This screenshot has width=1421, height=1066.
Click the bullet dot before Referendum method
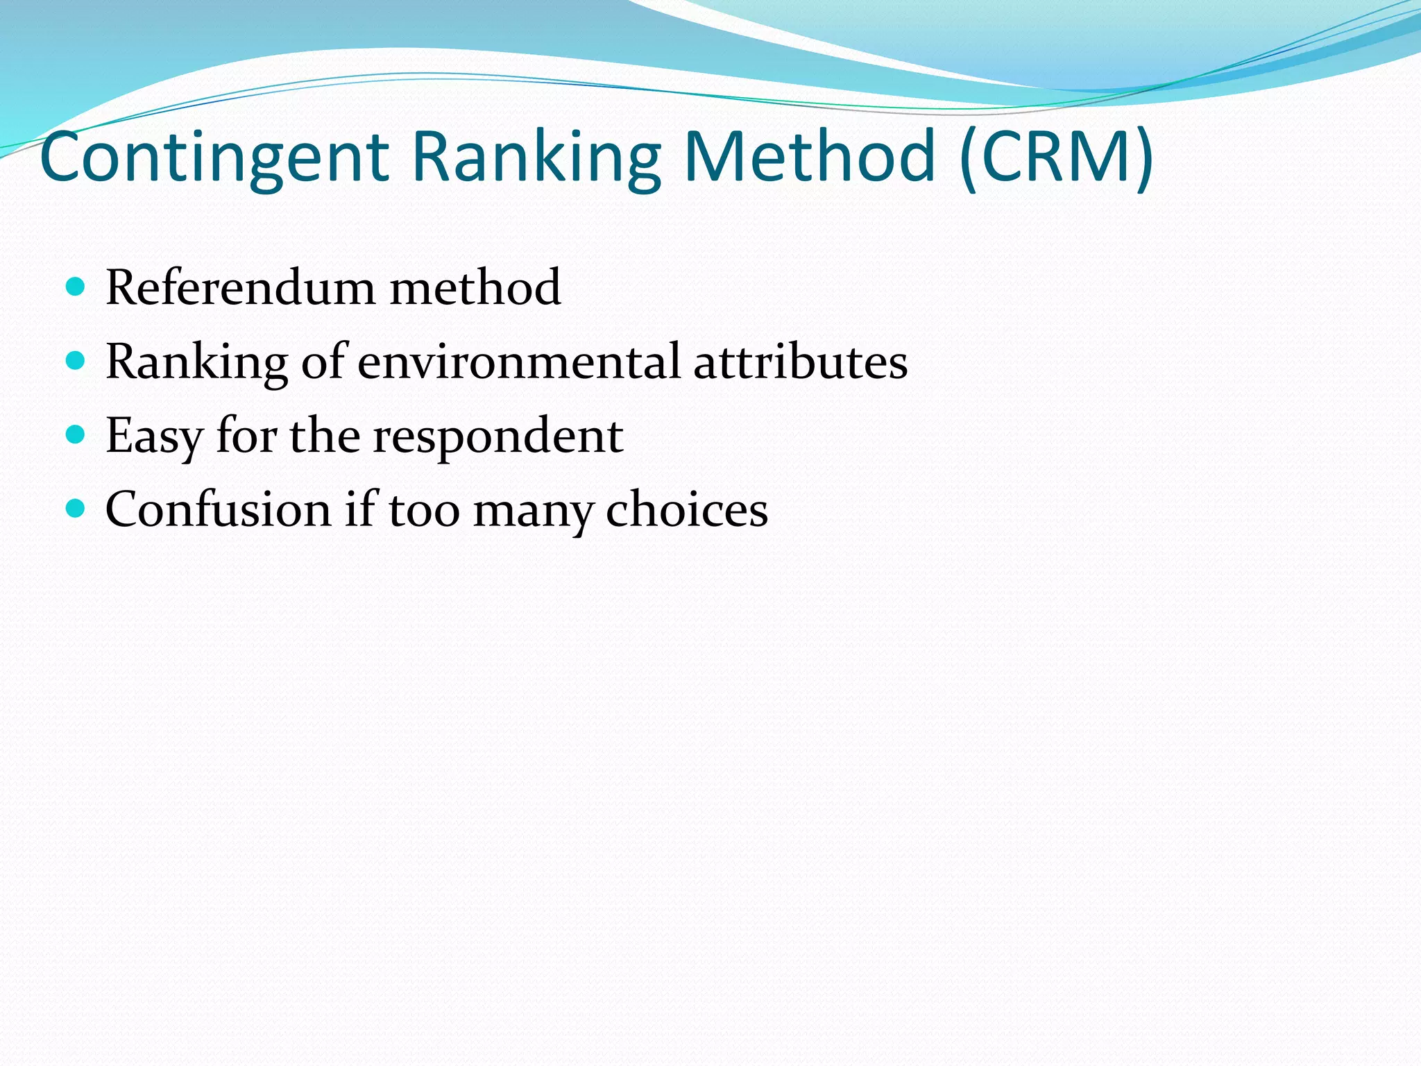point(75,286)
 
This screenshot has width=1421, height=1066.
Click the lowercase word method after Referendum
point(475,287)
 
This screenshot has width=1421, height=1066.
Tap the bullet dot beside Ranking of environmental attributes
point(75,360)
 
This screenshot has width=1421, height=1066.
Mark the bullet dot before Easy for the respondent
point(75,434)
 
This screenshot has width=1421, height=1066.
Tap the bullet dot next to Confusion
point(75,509)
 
